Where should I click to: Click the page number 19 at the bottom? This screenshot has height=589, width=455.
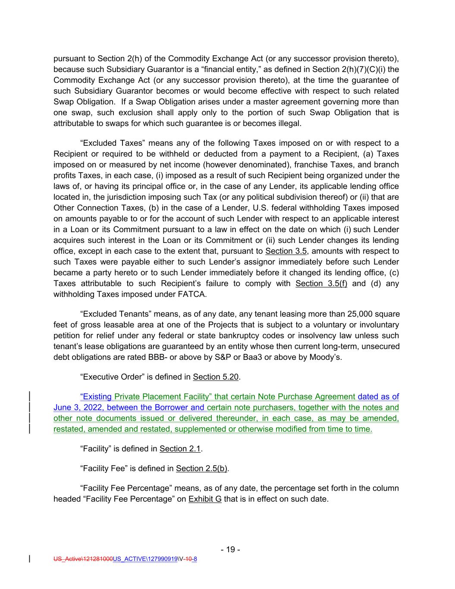pos(230,549)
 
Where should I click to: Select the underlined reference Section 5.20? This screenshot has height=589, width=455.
pos(216,377)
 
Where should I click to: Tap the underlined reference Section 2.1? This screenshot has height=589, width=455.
pos(180,449)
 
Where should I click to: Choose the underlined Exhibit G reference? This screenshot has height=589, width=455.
pos(205,499)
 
